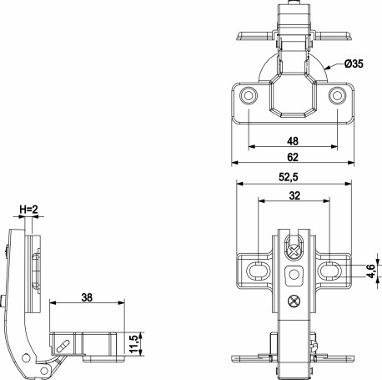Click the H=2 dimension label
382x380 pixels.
tap(28, 210)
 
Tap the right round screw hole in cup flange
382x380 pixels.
tap(337, 97)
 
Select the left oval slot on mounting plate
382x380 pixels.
tap(259, 268)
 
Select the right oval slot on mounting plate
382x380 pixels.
tap(330, 268)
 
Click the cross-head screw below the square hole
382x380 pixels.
tap(294, 301)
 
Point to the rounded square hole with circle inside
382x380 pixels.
tap(294, 275)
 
